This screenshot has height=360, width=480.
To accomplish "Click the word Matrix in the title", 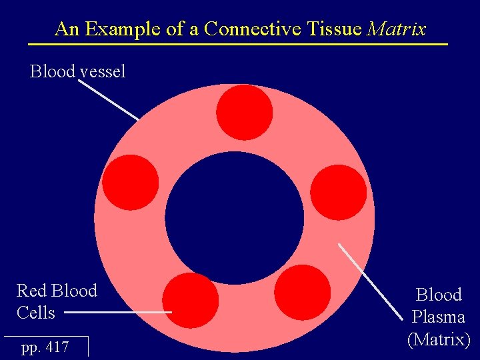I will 397,29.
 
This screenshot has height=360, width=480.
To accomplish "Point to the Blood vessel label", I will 77,71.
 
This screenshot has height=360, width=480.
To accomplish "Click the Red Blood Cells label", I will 57,301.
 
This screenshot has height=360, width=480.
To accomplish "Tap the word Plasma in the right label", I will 438,317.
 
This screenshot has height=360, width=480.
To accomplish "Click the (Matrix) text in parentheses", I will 438,339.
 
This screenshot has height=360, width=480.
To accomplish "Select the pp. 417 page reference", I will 45,347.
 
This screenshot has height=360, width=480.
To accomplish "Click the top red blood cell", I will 245,112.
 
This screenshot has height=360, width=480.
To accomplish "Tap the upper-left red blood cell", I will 131,183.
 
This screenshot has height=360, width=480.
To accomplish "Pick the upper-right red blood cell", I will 339,192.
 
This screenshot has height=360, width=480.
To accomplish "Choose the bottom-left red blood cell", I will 191,300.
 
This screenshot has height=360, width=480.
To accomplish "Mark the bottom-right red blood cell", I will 302,293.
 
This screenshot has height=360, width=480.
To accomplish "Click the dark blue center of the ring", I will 234,218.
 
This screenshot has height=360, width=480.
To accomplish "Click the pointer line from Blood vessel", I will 109,100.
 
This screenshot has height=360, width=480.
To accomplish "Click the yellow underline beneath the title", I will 237,44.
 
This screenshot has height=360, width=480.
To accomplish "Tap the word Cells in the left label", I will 36,312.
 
